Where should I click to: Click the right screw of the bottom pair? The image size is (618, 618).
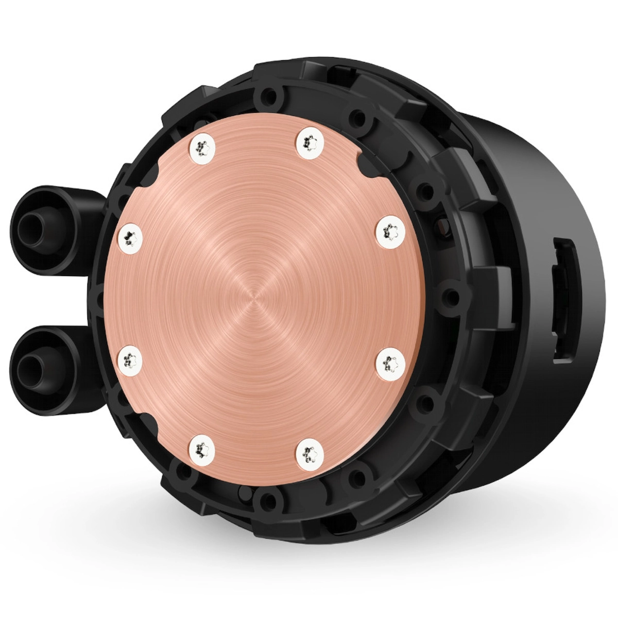pos(310,451)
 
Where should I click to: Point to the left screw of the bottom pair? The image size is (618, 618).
pos(201,451)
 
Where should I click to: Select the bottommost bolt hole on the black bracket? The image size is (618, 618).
pos(266,499)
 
